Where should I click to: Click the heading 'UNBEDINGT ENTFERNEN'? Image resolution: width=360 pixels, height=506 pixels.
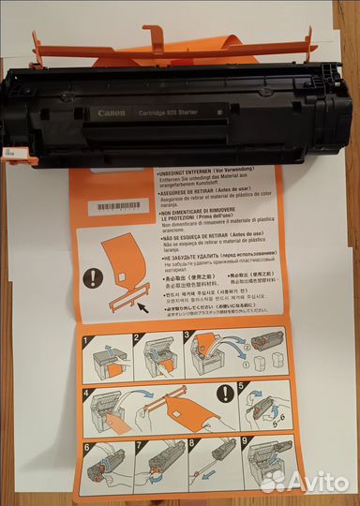[187, 174]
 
